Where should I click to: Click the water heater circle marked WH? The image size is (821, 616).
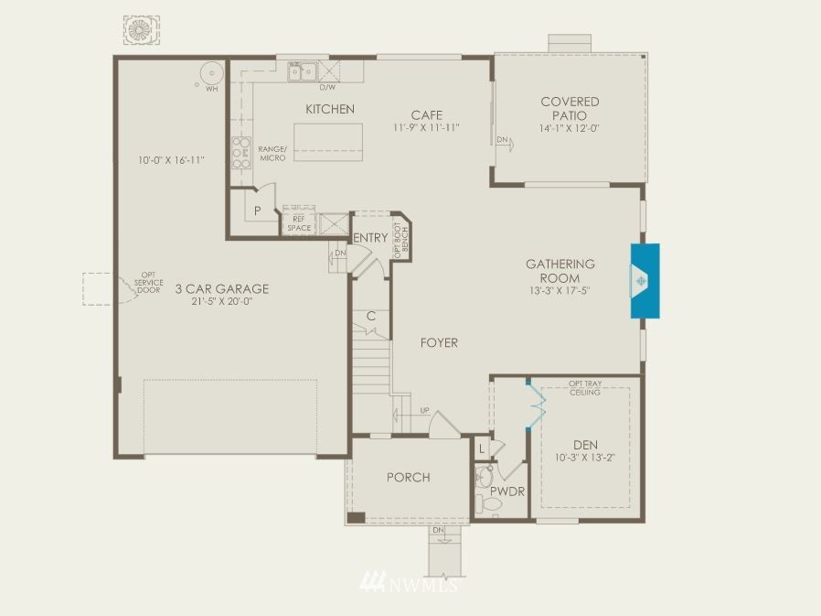click(211, 73)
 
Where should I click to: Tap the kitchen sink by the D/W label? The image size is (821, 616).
click(303, 71)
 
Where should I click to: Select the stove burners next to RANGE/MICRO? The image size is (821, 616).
click(241, 153)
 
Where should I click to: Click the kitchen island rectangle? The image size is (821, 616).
click(328, 142)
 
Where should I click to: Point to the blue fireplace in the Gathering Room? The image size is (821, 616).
click(645, 280)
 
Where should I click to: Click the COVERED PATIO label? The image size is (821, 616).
click(570, 109)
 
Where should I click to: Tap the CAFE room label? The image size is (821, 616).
click(427, 114)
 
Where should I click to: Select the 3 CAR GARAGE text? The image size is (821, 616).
click(222, 289)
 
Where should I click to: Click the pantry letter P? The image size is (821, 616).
click(258, 211)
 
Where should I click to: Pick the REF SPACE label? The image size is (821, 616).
click(299, 224)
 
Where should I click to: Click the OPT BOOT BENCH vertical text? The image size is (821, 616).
click(401, 241)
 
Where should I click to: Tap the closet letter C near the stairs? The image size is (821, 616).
click(371, 316)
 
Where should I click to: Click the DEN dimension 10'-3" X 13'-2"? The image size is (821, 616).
click(585, 458)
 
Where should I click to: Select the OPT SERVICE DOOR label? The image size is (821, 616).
click(149, 282)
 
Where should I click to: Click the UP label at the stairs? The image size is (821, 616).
click(424, 410)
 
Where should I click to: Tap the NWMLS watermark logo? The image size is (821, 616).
click(410, 582)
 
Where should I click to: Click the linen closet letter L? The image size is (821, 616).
click(482, 448)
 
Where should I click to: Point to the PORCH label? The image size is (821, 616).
click(409, 478)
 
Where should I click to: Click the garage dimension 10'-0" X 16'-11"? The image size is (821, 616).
click(171, 160)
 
